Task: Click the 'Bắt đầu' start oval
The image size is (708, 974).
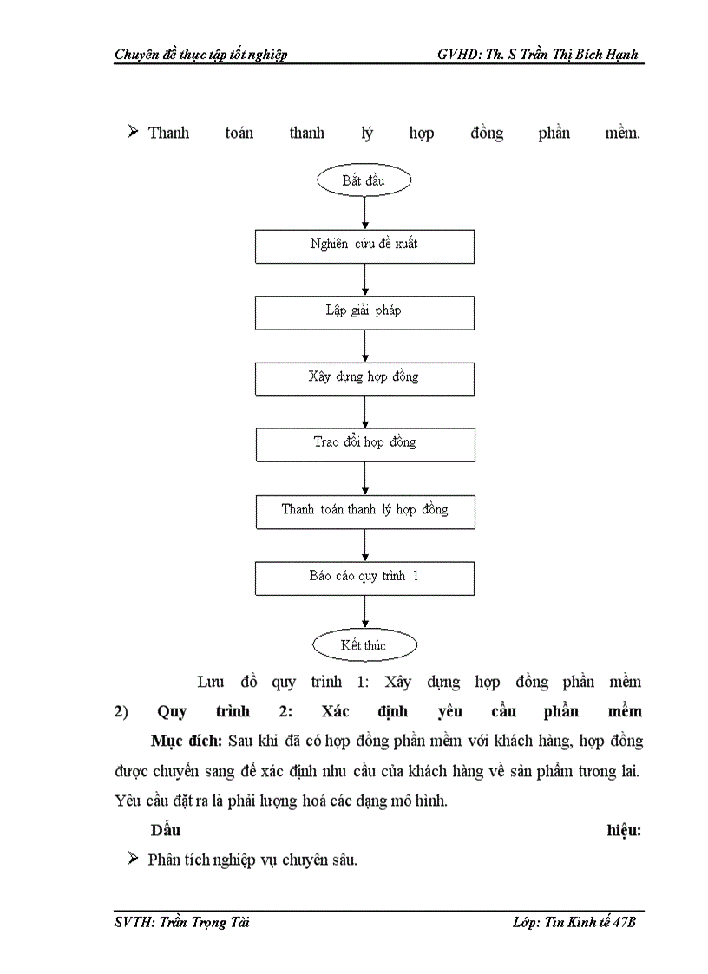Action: pos(364,181)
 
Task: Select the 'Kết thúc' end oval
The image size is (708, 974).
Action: pos(364,645)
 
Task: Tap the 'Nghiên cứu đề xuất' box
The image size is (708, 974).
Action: pos(364,245)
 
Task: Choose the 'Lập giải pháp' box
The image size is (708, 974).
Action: pos(364,312)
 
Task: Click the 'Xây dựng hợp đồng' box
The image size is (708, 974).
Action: pos(364,378)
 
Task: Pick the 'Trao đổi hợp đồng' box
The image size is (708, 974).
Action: pos(365,444)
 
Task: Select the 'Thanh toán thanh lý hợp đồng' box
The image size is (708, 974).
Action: pos(365,511)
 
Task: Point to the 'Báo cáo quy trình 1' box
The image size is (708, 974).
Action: pos(364,578)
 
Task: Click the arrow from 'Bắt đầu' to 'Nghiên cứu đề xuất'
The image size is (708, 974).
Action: pos(364,212)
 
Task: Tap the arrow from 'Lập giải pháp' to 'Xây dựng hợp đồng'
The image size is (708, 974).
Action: pos(364,345)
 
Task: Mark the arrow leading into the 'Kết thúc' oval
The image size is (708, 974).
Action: pos(364,612)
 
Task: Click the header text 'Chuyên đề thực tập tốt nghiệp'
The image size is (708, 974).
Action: pos(200,55)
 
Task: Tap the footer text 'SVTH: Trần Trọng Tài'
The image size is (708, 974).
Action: pos(181,923)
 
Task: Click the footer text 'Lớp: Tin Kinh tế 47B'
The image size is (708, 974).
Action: pos(574,923)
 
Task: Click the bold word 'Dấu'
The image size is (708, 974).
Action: pos(165,830)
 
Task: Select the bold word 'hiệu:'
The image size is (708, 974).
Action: pos(624,830)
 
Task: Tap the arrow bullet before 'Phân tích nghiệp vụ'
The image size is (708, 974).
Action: pos(133,859)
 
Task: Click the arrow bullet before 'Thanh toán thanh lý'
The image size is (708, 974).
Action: pos(133,132)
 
